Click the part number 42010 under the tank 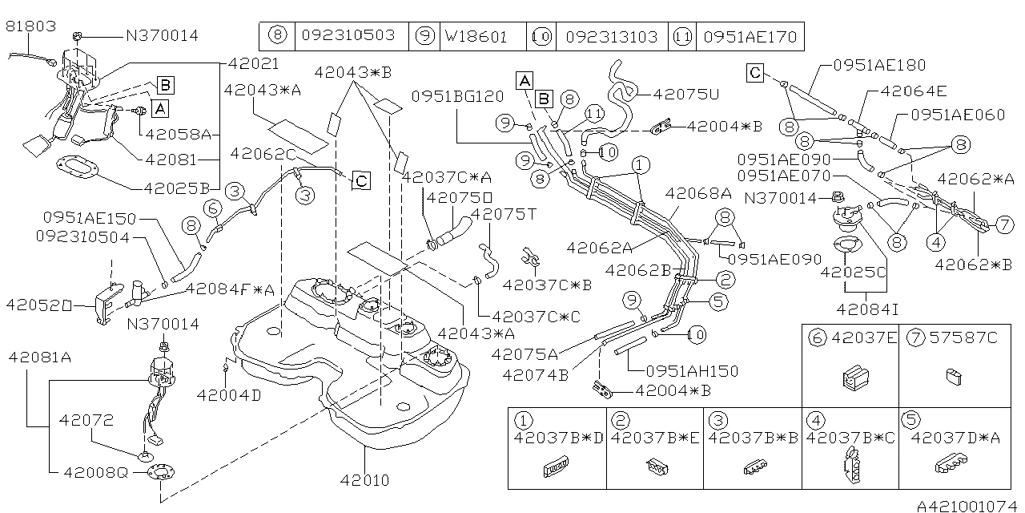(365, 481)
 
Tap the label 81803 (31, 26)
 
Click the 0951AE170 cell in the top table (750, 36)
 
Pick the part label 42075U (686, 94)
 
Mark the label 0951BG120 (458, 96)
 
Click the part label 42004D (229, 394)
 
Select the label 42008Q (94, 473)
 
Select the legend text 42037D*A (957, 438)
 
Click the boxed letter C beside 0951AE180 (755, 74)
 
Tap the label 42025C (854, 273)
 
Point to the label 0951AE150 (90, 218)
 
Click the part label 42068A (698, 192)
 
